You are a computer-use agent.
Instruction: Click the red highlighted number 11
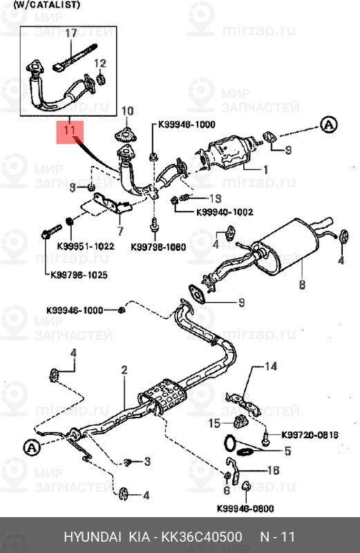coord(69,129)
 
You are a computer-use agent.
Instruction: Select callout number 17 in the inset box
coord(71,33)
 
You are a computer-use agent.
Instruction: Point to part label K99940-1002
coord(225,212)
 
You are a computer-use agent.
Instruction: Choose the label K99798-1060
coord(158,246)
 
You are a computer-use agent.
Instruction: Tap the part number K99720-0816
coord(310,435)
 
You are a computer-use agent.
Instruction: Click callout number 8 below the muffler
coord(301,284)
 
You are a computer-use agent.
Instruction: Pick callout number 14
coord(269,366)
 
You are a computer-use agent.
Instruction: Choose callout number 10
coord(126,111)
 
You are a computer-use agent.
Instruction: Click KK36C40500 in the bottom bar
coord(201,537)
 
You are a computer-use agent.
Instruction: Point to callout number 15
coord(215,422)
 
